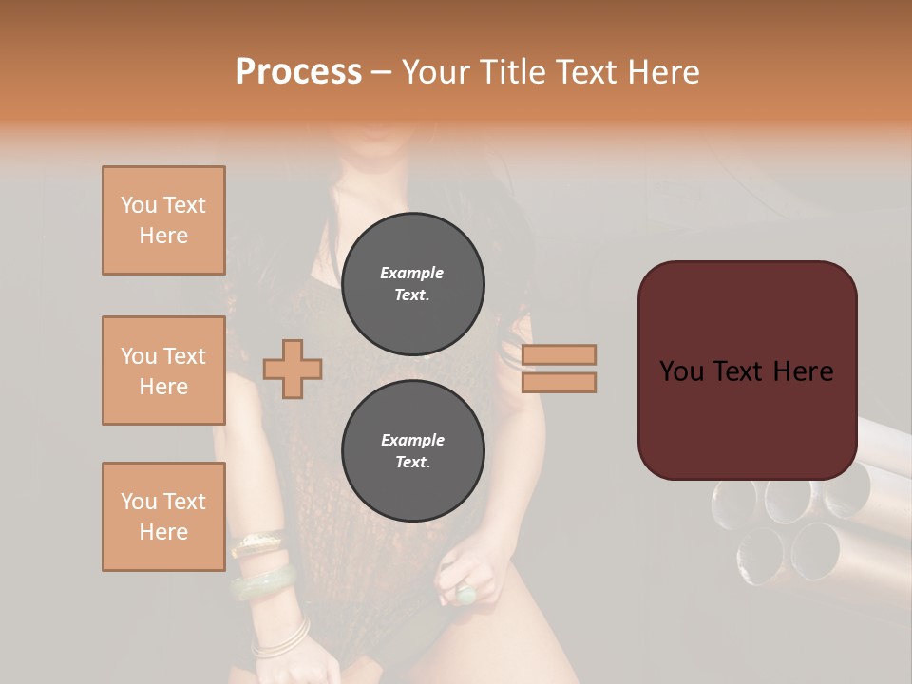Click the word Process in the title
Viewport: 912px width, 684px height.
pos(298,72)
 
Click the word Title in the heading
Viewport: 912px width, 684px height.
pos(509,72)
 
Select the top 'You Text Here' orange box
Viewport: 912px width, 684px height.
pos(163,220)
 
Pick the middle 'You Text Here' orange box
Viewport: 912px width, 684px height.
pos(163,370)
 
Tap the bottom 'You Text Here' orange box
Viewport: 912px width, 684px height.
pos(163,517)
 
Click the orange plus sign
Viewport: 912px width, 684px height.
pos(293,369)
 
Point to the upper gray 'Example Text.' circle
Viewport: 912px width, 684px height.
pos(413,284)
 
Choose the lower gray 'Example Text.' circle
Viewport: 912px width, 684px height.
pos(413,451)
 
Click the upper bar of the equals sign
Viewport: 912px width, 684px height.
pos(560,354)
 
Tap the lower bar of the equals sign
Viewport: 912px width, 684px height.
pos(560,382)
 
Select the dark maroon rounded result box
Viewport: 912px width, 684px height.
pos(747,370)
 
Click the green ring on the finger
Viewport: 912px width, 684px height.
pos(466,595)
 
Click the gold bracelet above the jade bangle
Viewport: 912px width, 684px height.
pos(256,544)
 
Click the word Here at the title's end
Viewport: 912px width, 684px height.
pos(663,72)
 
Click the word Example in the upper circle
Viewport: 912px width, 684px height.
pos(412,273)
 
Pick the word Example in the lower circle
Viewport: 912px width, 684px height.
pos(412,440)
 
